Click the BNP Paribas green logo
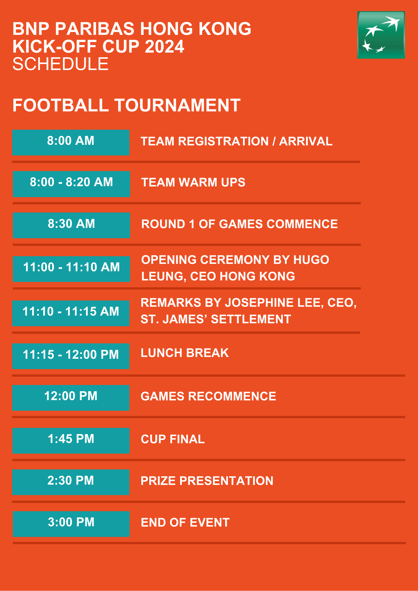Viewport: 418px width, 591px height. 381,35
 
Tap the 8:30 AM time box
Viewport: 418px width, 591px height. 71,225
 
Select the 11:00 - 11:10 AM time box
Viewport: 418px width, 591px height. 71,269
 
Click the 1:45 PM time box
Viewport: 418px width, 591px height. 71,441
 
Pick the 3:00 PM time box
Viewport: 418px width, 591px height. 71,524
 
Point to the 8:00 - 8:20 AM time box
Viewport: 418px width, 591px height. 71,184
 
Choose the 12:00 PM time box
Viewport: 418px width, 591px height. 71,398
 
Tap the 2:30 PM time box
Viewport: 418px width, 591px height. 71,482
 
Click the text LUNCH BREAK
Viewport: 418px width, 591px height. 185,353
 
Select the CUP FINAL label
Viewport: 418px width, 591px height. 173,439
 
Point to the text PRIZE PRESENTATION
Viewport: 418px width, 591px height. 207,481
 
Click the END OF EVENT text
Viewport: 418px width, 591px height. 185,522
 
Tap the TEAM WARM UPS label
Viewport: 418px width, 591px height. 193,182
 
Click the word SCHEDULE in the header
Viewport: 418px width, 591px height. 61,64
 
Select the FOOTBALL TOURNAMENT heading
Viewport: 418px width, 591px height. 127,105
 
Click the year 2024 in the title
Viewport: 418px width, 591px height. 165,47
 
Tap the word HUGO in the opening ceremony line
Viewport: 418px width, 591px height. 311,260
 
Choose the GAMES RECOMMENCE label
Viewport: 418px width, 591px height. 208,396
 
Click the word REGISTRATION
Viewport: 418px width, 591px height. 223,141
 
